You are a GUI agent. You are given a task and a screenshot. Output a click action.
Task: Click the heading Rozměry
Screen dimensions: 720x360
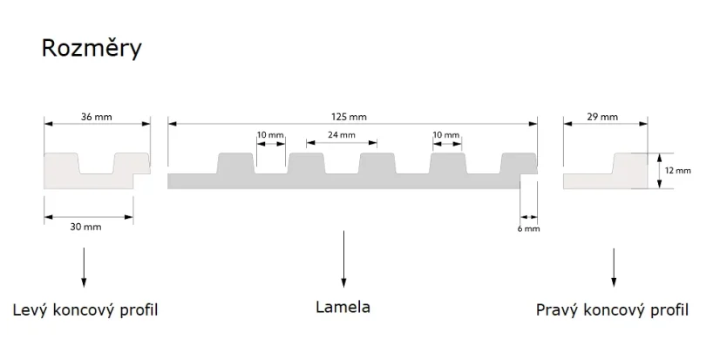point(92,48)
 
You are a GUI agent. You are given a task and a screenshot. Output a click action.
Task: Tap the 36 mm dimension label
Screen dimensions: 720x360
point(97,117)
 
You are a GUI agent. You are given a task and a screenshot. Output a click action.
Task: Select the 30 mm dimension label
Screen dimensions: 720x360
point(86,227)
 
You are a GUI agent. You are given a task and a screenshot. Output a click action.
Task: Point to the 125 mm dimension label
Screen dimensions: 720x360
point(349,117)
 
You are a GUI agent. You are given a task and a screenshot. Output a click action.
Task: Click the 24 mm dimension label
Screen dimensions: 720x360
point(342,135)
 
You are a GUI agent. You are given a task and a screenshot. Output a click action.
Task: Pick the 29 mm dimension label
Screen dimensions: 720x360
point(602,117)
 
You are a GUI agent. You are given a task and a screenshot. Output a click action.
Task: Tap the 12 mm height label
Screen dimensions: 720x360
point(678,170)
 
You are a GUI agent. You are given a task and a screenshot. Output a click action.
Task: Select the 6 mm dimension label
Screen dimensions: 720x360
point(528,228)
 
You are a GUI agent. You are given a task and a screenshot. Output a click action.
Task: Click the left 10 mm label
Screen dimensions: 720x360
point(270,135)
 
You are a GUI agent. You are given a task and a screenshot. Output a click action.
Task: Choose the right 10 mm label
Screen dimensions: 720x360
point(446,135)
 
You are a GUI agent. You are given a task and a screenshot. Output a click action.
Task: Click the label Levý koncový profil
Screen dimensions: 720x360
point(85,310)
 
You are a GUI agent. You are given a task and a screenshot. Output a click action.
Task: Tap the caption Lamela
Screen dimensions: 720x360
point(343,307)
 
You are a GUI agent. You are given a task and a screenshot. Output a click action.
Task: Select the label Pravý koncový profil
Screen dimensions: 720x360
point(612,310)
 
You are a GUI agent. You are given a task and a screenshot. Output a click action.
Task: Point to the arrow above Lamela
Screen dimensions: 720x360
point(343,259)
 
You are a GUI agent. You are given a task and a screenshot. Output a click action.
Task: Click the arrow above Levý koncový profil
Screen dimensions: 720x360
point(84,268)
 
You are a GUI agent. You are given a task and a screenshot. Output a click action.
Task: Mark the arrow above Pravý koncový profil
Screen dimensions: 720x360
point(614,268)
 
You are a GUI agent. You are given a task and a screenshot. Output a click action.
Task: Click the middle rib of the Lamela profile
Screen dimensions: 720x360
point(377,164)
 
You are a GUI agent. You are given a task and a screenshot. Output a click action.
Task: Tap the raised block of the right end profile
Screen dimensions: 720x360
point(630,164)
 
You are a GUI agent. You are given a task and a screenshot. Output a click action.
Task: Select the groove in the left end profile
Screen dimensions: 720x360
point(97,164)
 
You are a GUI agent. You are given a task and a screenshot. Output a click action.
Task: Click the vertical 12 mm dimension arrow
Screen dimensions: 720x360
point(659,171)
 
